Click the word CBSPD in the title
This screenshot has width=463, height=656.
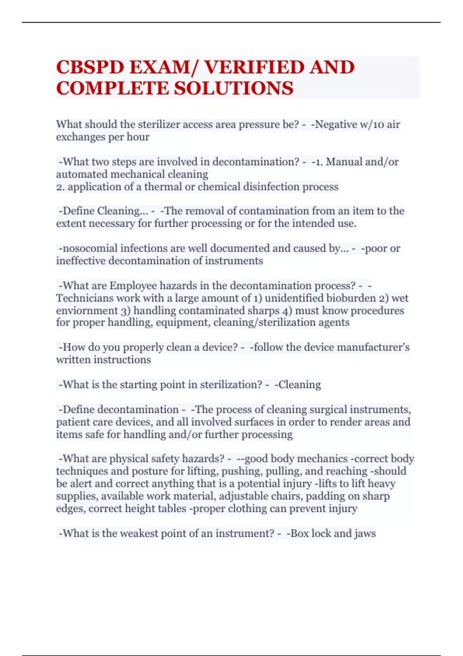pos(90,68)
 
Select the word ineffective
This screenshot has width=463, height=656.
pos(81,261)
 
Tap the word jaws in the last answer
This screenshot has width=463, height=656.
pos(365,533)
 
